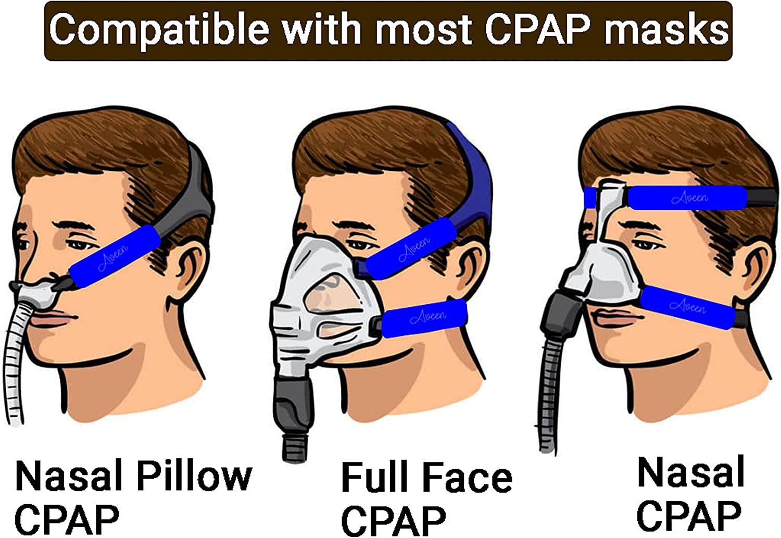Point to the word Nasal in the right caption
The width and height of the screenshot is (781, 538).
coord(690,472)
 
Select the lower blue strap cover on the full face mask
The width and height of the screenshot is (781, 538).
coord(424,317)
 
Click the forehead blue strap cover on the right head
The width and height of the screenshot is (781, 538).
coord(687,197)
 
